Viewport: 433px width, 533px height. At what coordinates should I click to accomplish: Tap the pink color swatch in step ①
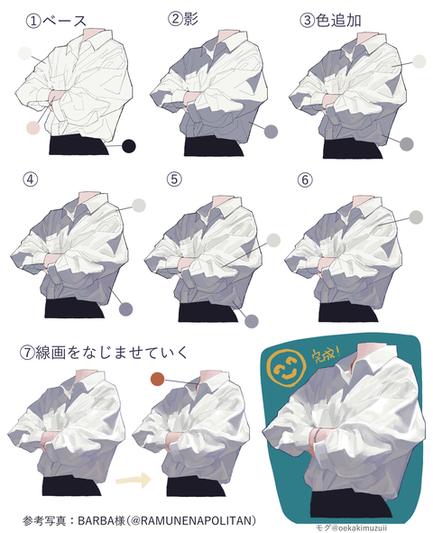(32, 128)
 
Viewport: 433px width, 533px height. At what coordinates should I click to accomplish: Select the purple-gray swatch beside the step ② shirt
(270, 133)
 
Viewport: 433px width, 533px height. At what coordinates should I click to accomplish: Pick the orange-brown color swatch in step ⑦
(157, 380)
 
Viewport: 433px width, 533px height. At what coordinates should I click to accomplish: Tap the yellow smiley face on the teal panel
(288, 370)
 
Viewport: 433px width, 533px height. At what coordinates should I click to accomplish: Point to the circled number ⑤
(174, 179)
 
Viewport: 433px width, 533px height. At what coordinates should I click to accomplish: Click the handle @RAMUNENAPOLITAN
(198, 520)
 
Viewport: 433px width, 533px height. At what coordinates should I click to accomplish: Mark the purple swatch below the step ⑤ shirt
(252, 320)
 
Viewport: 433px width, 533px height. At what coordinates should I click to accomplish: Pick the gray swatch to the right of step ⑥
(416, 217)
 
